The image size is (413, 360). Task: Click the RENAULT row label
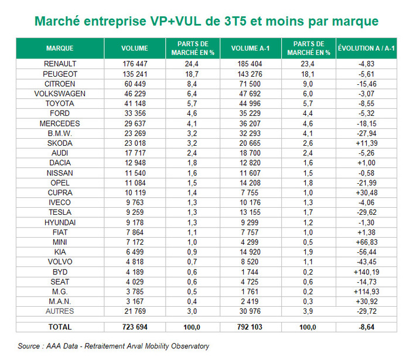point(60,63)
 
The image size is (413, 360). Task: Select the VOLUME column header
point(134,48)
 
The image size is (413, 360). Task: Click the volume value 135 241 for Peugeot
point(134,73)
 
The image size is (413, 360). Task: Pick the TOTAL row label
point(60,327)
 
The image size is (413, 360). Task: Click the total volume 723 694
point(134,327)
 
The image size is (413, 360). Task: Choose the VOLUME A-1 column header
point(250,48)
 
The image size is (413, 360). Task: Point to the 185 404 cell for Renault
point(250,63)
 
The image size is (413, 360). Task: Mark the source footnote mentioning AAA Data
point(113,346)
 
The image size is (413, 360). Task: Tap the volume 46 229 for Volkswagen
point(134,93)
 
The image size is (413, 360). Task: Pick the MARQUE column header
point(60,48)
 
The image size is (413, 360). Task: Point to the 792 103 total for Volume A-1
point(250,327)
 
